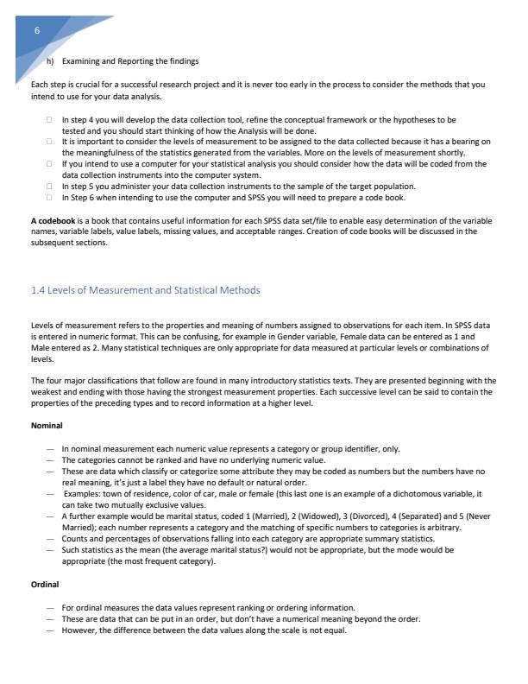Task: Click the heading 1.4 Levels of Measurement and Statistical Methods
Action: (145, 289)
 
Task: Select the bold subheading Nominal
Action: (46, 426)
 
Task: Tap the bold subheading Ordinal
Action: (44, 585)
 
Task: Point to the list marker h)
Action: (50, 60)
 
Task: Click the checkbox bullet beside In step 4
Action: (51, 118)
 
